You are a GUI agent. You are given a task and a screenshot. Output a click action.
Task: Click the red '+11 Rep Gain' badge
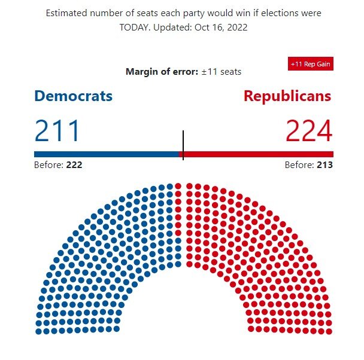310,64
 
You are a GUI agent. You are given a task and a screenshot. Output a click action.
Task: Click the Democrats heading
73,96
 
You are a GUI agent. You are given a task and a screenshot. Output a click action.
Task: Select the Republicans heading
287,96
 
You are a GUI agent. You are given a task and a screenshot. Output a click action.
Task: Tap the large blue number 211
57,131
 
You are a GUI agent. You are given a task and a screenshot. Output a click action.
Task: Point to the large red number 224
309,131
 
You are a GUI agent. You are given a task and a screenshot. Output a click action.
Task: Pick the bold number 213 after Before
323,165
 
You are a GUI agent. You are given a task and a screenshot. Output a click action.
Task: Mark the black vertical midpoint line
183,145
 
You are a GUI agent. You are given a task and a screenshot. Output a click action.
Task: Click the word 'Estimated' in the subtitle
68,13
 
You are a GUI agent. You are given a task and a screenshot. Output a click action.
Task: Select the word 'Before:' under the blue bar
47,165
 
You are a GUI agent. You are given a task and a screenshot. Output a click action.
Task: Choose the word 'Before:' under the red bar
298,165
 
